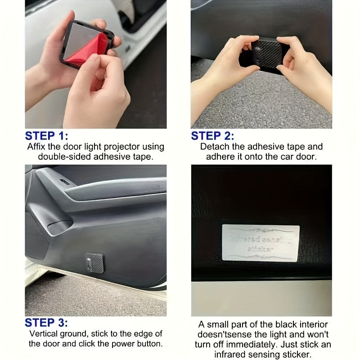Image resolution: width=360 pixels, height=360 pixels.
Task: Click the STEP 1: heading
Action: (46, 136)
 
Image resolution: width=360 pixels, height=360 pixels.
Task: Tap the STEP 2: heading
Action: (212, 136)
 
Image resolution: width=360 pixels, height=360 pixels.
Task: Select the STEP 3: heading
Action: (46, 323)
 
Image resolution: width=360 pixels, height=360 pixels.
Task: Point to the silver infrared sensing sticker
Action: (261, 242)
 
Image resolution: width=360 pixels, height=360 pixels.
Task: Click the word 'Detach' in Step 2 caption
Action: (213, 147)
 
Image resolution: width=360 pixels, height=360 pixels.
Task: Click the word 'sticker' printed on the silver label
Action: (260, 249)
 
